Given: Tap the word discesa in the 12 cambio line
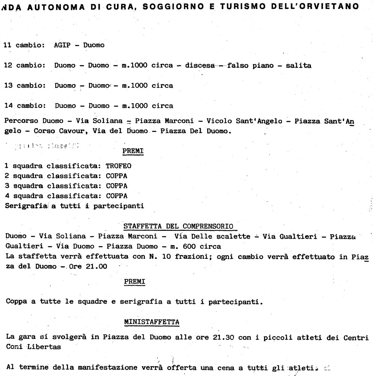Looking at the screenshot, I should pos(199,65).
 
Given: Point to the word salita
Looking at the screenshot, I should pos(299,65).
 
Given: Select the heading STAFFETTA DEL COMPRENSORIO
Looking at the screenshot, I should pos(178,226).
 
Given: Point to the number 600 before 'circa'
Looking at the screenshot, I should pos(201,246).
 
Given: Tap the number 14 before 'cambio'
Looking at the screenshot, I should pos(8,106).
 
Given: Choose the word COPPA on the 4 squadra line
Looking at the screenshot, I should pos(117,196).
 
